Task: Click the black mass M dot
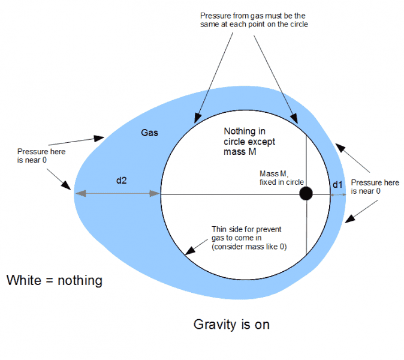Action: pyautogui.click(x=306, y=193)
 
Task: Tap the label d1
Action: pyautogui.click(x=337, y=185)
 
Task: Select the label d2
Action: pyautogui.click(x=120, y=181)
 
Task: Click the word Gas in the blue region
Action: pyautogui.click(x=149, y=132)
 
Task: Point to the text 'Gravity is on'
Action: pyautogui.click(x=231, y=325)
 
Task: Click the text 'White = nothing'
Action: pyautogui.click(x=55, y=280)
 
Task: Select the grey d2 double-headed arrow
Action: pyautogui.click(x=117, y=193)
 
